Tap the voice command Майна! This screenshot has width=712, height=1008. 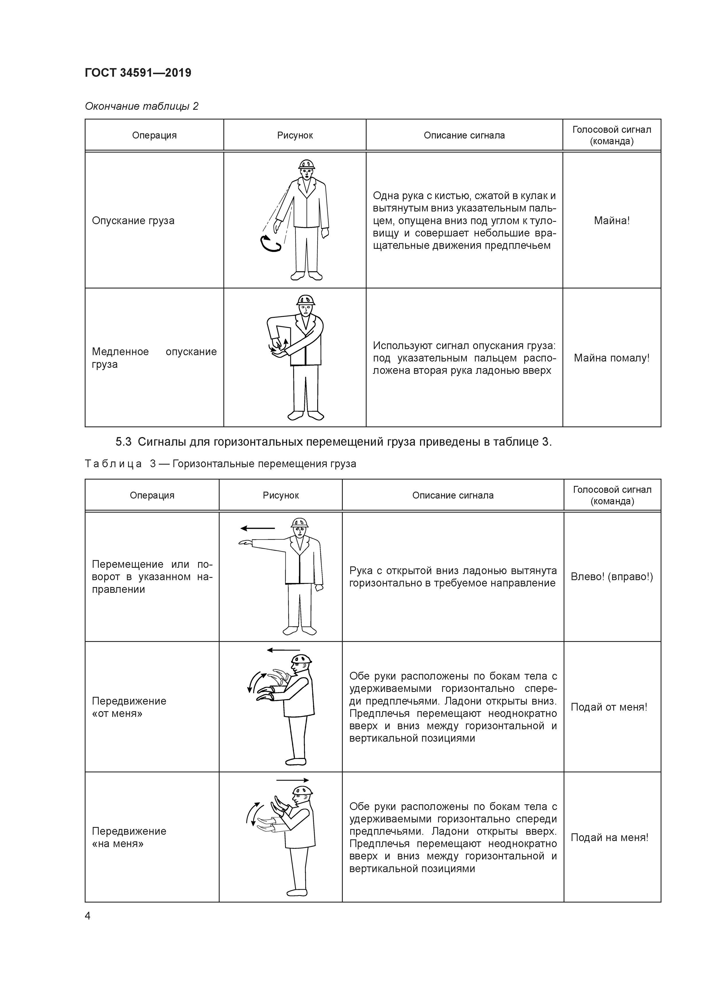612,220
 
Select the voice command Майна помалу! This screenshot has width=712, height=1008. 612,358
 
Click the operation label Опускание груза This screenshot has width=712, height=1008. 133,220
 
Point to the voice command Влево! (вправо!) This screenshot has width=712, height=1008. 612,576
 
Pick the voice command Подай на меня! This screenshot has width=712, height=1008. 609,837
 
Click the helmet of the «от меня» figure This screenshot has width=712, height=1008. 302,660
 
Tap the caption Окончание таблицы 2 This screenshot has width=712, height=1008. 141,106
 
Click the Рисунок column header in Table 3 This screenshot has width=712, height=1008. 281,495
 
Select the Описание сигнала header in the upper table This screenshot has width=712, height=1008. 464,135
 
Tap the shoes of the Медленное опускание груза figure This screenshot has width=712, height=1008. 306,415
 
